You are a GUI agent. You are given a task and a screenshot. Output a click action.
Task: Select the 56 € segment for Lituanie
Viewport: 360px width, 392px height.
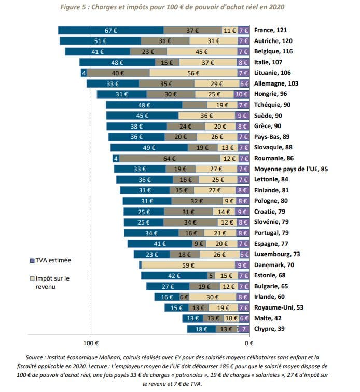point(193,73)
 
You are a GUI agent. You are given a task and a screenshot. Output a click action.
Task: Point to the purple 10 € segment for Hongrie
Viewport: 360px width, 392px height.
point(241,94)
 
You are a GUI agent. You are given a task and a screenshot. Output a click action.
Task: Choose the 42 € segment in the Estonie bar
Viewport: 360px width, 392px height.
point(174,275)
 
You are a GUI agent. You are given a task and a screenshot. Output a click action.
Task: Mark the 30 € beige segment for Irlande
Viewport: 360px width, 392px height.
point(213,297)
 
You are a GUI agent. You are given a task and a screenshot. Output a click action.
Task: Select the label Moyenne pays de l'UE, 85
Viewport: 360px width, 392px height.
point(291,169)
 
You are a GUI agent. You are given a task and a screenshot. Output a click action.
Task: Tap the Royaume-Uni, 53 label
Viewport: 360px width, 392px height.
point(276,307)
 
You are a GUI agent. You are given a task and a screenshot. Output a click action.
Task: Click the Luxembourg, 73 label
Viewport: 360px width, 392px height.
point(277,254)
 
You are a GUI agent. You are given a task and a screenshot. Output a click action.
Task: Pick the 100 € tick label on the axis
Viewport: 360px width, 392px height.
point(91,343)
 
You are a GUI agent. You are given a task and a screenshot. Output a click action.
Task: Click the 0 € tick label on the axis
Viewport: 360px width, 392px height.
point(249,343)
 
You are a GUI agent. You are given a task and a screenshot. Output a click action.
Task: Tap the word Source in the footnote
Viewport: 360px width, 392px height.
point(35,357)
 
